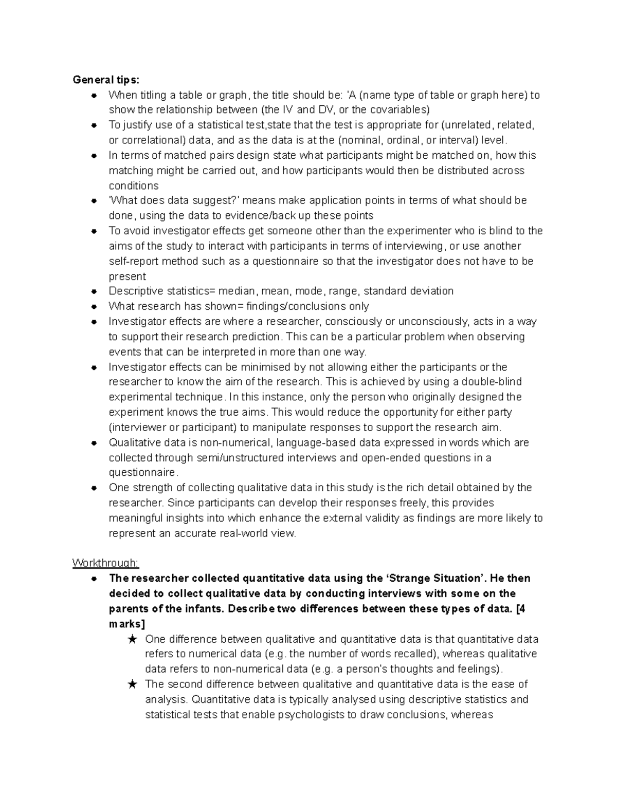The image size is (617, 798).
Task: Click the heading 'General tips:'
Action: (105, 80)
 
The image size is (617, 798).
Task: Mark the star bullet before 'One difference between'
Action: (133, 639)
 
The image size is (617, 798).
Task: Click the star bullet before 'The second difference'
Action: (133, 684)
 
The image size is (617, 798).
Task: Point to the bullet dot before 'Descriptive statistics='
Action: (94, 291)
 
